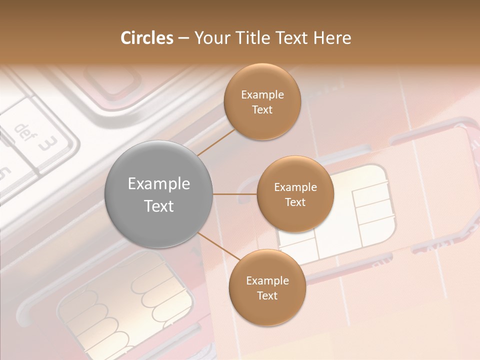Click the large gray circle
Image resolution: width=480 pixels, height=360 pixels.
pos(159,195)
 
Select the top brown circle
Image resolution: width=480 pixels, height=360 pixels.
pos(262,102)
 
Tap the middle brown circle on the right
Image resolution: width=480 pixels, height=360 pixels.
pos(295,194)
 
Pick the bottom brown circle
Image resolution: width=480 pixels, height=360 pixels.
pos(267,288)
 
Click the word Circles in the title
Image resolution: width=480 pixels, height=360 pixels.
pos(147,38)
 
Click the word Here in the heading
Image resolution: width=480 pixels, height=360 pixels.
pos(332,38)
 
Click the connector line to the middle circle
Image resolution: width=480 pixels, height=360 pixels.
pos(235,194)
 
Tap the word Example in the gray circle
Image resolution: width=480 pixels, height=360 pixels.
pos(159,184)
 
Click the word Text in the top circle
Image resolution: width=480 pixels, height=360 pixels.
pos(262,110)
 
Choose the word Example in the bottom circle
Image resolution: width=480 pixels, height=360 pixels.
pos(267,280)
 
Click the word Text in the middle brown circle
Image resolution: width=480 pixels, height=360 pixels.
pos(295,202)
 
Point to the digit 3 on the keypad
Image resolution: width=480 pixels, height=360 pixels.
pos(48,144)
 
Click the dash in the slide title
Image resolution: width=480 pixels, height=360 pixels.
pos(183,38)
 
